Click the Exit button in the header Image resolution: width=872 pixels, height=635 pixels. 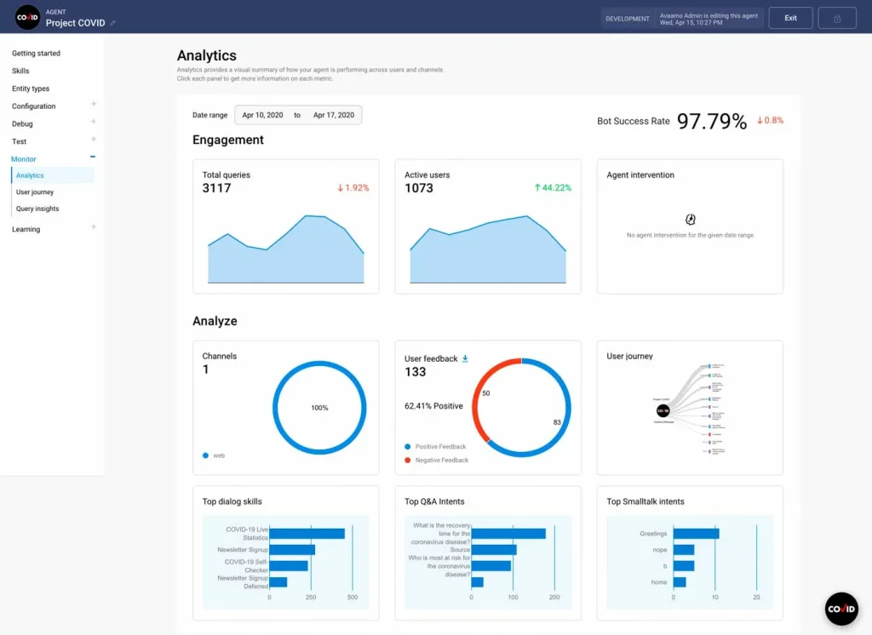pos(790,18)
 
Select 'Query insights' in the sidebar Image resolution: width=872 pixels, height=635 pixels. pos(37,209)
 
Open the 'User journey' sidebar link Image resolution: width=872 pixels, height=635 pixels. pos(35,192)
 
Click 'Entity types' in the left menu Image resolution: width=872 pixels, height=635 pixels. pos(31,89)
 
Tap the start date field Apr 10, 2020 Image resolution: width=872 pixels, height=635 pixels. pos(262,115)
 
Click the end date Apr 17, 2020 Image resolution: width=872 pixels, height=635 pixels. pos(333,115)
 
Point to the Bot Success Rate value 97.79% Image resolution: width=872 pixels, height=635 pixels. pos(712,121)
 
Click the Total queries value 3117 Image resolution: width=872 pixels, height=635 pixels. pos(216,188)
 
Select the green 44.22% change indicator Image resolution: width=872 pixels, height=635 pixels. pos(553,188)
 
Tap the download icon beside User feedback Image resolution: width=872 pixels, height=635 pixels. pos(465,359)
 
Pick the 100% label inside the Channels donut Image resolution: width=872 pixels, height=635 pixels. pos(319,408)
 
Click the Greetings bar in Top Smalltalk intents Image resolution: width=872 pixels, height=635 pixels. pos(696,534)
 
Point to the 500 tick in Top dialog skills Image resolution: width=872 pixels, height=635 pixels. pos(352,598)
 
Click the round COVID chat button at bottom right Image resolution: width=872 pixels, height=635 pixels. pos(841,609)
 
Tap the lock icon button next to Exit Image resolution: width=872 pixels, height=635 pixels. pos(837,18)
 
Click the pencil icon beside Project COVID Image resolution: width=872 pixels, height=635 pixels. pos(113,23)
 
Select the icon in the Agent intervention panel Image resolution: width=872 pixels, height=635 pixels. pos(690,220)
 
